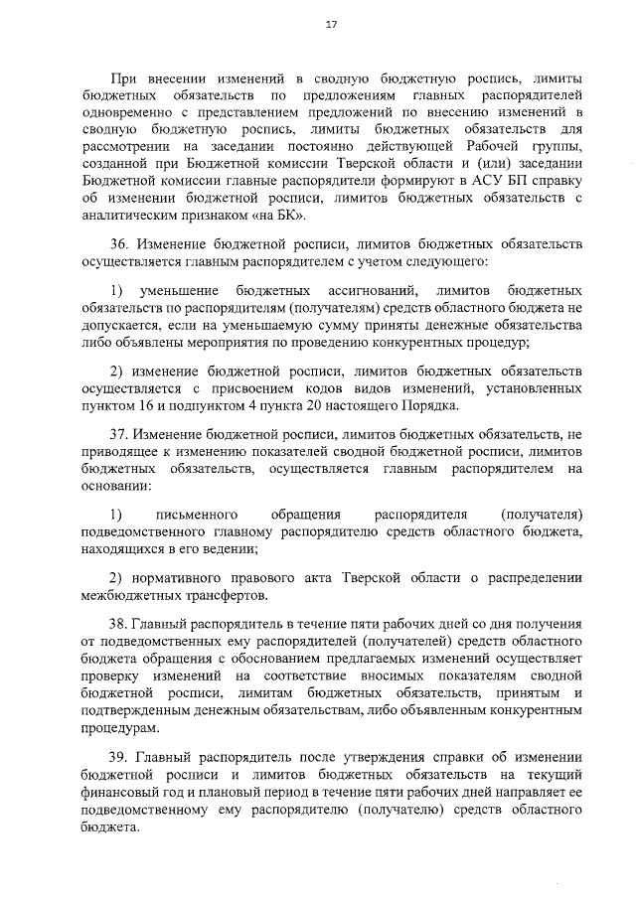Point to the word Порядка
pos(427,407)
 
